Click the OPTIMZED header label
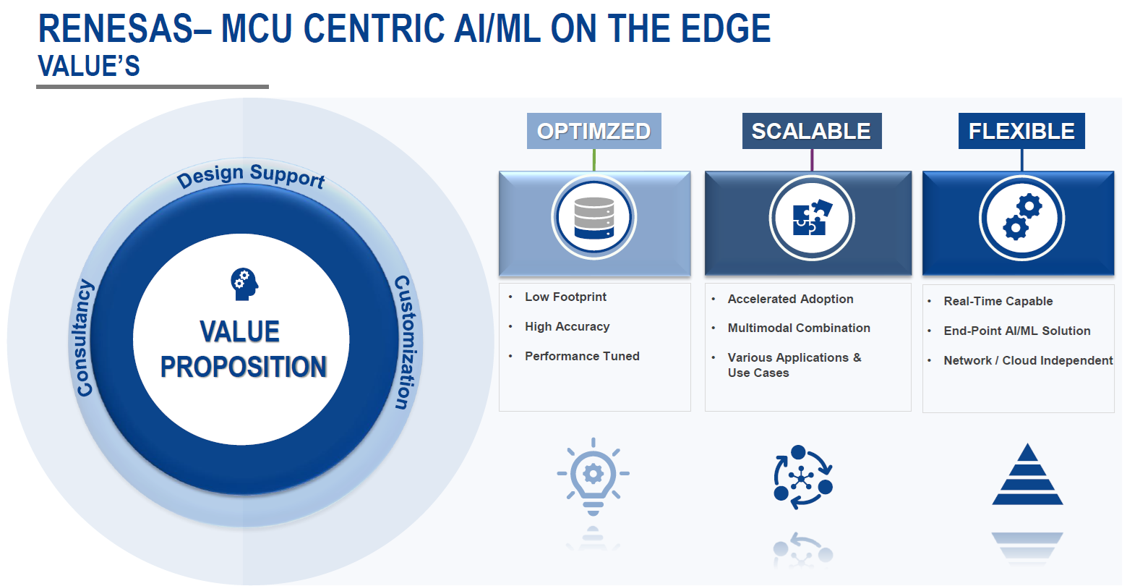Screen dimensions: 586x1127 594,131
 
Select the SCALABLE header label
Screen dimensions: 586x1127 811,131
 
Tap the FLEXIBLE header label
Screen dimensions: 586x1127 1021,131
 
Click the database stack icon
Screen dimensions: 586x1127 594,218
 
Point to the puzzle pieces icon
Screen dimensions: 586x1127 812,218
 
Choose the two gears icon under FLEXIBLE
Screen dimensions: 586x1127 1021,218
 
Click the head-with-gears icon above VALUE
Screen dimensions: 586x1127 244,284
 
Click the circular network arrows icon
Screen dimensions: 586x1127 802,477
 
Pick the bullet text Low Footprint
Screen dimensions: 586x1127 565,297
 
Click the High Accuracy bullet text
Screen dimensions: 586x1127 567,326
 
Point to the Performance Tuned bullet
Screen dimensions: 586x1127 582,356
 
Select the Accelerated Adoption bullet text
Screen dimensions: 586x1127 790,299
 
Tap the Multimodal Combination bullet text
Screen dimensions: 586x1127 799,328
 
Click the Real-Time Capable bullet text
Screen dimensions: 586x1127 998,301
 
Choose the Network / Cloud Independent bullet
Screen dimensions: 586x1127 1028,360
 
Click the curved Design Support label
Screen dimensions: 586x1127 251,176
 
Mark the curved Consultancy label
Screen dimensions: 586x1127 85,338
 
